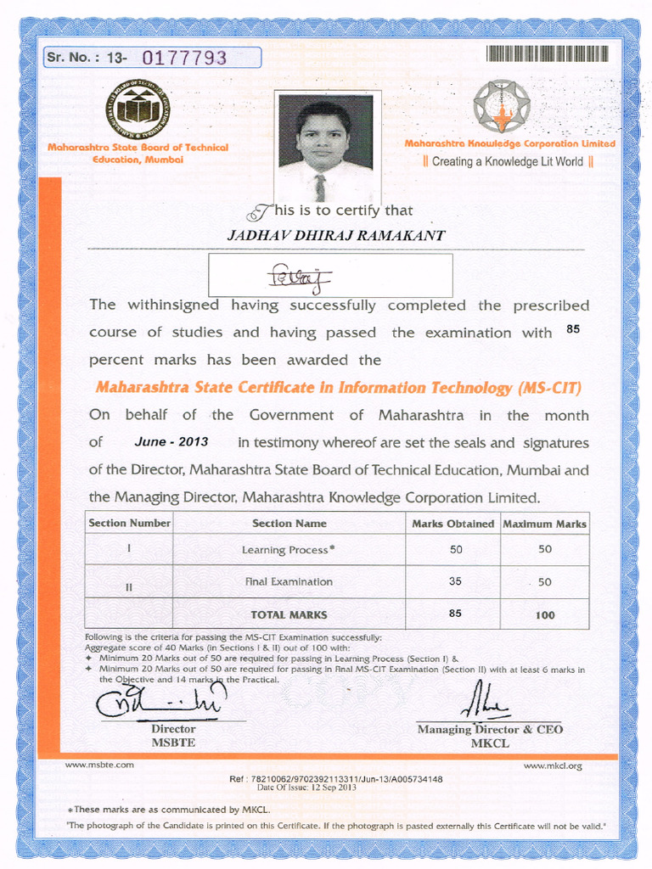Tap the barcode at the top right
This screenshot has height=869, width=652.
[x=547, y=53]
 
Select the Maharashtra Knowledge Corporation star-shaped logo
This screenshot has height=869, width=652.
[x=502, y=106]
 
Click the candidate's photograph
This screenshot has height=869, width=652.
[x=326, y=144]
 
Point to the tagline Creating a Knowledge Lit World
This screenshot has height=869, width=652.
[x=507, y=161]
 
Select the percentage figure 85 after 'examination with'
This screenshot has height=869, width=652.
[x=572, y=329]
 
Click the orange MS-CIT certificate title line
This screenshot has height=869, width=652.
[x=338, y=388]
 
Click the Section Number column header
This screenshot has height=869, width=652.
[x=130, y=524]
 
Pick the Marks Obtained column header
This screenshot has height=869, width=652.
[x=452, y=524]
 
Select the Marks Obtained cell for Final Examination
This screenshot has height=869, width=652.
[x=455, y=581]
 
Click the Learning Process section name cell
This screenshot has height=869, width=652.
[x=289, y=550]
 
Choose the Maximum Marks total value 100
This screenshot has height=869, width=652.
[x=544, y=614]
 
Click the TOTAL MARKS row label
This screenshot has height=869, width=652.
[x=289, y=614]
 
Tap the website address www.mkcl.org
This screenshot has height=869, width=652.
[x=553, y=766]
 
